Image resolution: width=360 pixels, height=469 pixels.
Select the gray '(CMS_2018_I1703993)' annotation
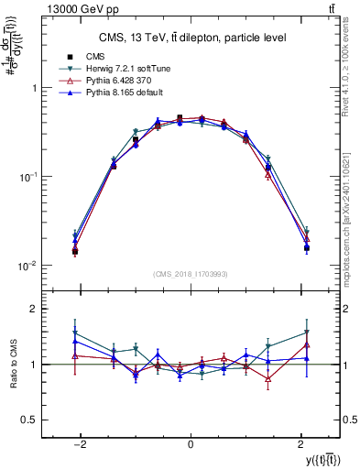[190, 274]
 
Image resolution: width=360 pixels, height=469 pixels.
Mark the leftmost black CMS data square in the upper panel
[75, 251]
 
